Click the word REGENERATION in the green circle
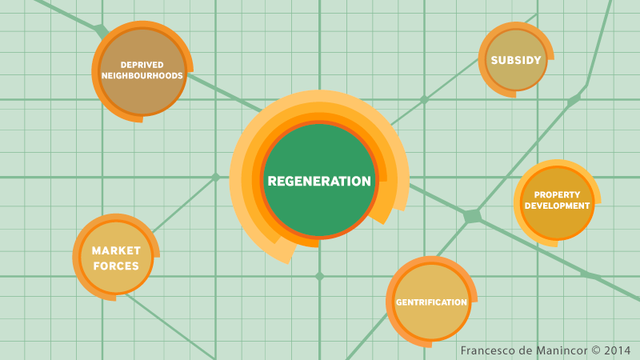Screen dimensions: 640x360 tap(319, 182)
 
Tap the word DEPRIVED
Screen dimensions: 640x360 tap(142, 65)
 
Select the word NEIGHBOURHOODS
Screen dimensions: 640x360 tap(142, 76)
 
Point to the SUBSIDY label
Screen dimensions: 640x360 tap(516, 60)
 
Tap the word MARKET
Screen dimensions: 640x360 tap(116, 251)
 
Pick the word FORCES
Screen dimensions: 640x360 tap(115, 266)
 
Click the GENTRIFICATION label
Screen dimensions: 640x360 tap(431, 302)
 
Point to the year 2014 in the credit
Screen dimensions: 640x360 tap(617, 350)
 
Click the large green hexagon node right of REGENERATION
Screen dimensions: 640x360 tap(473, 216)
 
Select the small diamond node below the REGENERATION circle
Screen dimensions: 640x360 tap(319, 276)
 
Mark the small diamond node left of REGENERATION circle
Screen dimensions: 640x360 tap(215, 177)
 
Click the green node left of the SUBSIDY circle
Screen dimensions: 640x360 tap(424, 100)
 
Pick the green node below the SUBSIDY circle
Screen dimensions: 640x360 tap(574, 100)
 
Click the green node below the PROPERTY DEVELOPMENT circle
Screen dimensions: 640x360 tap(586, 275)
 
